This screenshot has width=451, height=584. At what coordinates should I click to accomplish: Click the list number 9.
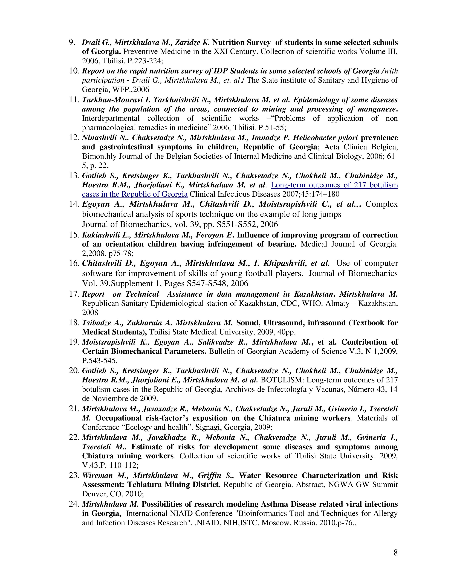point(72,42)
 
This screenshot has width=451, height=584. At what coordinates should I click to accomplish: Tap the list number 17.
point(74,294)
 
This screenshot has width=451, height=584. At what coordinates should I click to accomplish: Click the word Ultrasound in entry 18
point(283,323)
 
